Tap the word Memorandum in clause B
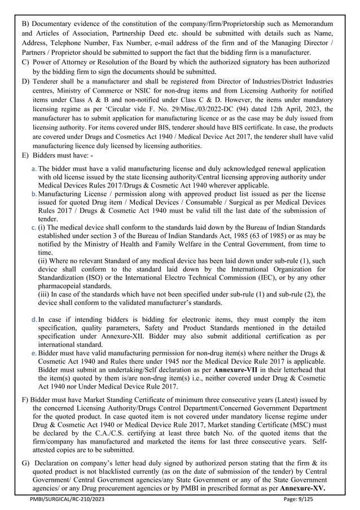[307, 23]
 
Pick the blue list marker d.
[34, 319]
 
